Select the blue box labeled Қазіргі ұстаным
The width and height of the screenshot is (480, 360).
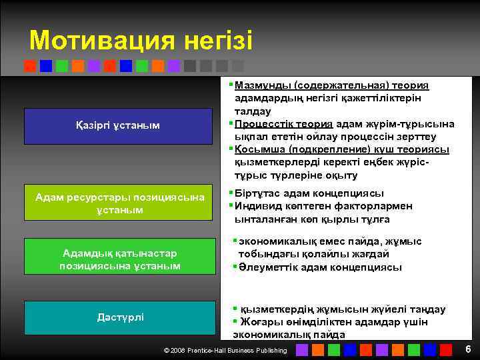(x=117, y=125)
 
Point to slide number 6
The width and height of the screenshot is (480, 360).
(x=468, y=350)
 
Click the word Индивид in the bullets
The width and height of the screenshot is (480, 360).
(x=257, y=206)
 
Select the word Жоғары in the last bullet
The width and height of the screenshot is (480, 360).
(x=258, y=322)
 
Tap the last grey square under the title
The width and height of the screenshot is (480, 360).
(x=238, y=66)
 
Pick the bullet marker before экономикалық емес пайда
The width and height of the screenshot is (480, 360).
(x=235, y=241)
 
